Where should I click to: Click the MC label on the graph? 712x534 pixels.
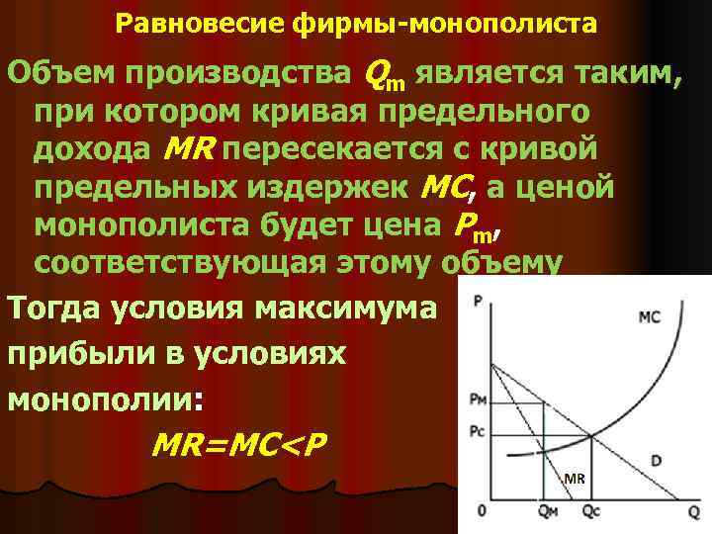pyautogui.click(x=650, y=317)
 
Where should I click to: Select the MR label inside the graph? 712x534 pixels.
pyautogui.click(x=575, y=481)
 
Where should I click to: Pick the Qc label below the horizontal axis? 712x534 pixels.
pyautogui.click(x=591, y=512)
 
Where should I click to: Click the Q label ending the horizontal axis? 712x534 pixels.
pyautogui.click(x=692, y=511)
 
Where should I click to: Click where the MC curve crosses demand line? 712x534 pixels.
pyautogui.click(x=590, y=436)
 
